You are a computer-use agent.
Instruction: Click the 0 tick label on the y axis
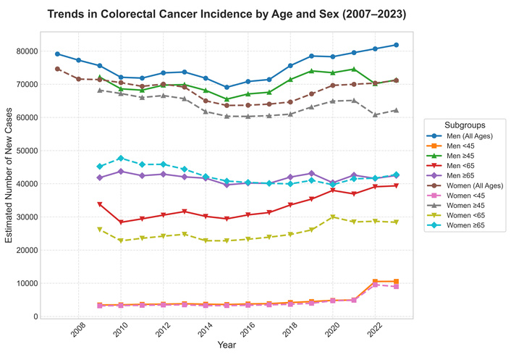click(33, 317)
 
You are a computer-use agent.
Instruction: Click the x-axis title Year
click(227, 346)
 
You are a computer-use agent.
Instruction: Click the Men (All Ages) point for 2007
click(57, 54)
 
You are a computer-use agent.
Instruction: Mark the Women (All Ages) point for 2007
click(57, 69)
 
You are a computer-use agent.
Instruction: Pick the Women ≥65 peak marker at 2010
click(121, 158)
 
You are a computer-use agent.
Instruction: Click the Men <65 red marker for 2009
click(100, 205)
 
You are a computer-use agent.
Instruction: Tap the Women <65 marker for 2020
click(333, 217)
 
